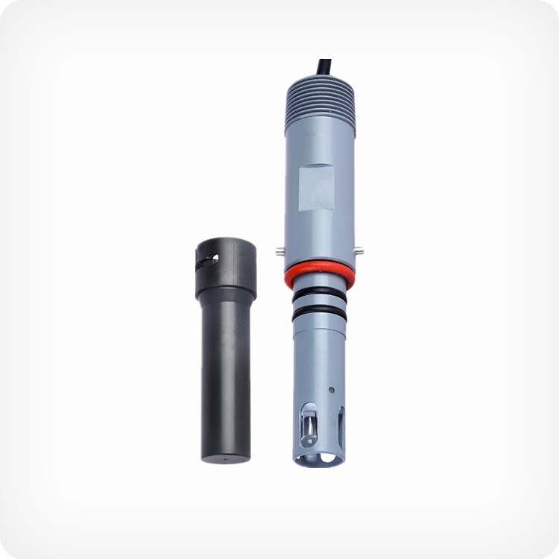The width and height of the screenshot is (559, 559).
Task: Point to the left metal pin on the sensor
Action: tap(278, 251)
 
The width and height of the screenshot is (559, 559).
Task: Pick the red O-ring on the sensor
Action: tap(319, 273)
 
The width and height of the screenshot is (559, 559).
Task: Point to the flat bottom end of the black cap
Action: tap(224, 456)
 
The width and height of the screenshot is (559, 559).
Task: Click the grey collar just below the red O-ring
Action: tap(319, 283)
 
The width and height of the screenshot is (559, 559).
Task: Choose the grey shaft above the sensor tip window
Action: tap(319, 358)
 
